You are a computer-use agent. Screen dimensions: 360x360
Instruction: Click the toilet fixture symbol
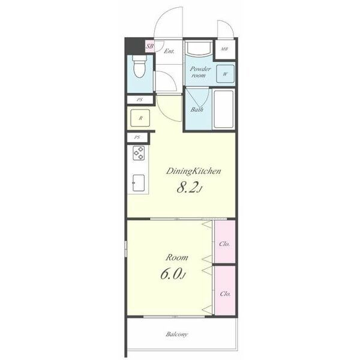point(139,66)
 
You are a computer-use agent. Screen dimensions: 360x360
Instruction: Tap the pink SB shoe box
point(150,46)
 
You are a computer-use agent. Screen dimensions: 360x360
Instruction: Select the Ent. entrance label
point(169,51)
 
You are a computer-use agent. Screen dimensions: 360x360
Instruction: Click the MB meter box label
point(224,49)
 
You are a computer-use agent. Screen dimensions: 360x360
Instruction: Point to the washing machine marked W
point(225,74)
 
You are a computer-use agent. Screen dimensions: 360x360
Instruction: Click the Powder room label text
point(200,72)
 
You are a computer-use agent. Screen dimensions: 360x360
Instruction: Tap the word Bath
point(197,109)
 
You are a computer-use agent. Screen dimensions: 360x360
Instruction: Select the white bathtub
point(224,109)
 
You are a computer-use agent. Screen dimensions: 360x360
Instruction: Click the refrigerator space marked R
point(140,118)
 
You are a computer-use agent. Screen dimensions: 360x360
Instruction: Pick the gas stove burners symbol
point(139,153)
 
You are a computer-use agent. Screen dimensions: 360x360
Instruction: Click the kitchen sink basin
point(139,183)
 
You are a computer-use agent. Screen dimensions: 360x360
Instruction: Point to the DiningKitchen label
point(193,171)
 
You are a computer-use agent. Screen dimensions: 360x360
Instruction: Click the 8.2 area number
point(187,188)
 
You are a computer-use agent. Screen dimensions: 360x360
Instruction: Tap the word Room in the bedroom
point(177,257)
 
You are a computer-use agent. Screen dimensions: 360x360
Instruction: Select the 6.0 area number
point(170,274)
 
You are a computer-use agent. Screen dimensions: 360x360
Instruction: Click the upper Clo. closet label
point(224,244)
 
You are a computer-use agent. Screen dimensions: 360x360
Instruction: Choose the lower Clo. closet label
point(225,293)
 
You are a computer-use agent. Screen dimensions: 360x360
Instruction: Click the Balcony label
point(177,334)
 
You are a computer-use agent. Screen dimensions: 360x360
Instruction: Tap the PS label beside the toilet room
point(140,100)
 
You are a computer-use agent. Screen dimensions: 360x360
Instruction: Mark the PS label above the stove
point(137,137)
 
